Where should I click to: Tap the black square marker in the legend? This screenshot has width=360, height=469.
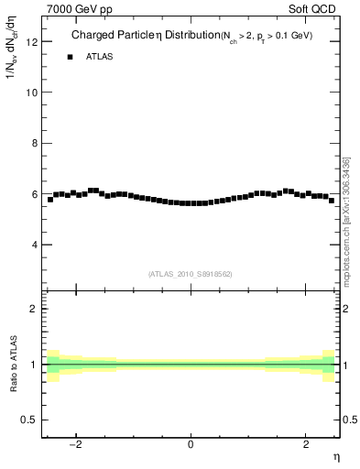click(70, 57)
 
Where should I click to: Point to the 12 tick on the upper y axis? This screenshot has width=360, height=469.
click(32, 42)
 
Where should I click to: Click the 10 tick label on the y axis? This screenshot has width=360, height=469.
click(32, 93)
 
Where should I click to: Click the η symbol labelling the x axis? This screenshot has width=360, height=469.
click(335, 457)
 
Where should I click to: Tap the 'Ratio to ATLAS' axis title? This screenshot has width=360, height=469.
click(12, 365)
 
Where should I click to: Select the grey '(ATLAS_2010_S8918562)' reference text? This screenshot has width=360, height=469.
click(190, 274)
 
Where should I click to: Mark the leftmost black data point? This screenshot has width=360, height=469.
click(50, 200)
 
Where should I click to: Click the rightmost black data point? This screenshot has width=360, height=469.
click(331, 200)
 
